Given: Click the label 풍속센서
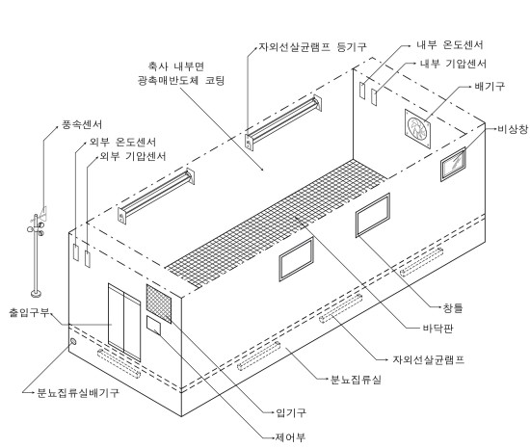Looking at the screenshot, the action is [x=82, y=124].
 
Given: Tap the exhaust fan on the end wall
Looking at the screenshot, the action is [x=418, y=129].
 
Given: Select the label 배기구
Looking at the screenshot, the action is [x=490, y=87].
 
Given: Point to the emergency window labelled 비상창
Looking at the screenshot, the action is [x=453, y=164].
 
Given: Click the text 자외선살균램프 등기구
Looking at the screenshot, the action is [x=312, y=47].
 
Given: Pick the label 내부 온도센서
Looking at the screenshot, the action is [x=450, y=45].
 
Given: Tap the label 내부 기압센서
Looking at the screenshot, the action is [x=453, y=64].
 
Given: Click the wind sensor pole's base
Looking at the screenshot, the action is [x=36, y=293].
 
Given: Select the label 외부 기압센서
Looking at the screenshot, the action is [x=133, y=156].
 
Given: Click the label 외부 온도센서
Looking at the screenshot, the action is [x=122, y=142].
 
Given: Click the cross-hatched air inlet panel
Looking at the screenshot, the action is [x=159, y=303].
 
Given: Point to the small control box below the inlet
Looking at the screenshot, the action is [x=153, y=326].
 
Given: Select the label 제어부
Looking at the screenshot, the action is [x=291, y=437].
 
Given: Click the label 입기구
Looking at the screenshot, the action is [x=291, y=412].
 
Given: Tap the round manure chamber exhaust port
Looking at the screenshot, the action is [x=72, y=342].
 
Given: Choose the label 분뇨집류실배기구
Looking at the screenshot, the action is [x=78, y=392].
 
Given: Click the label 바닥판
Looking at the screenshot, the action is [x=438, y=329].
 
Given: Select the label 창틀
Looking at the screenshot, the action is [x=452, y=307].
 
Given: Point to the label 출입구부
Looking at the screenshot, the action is [x=30, y=312].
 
